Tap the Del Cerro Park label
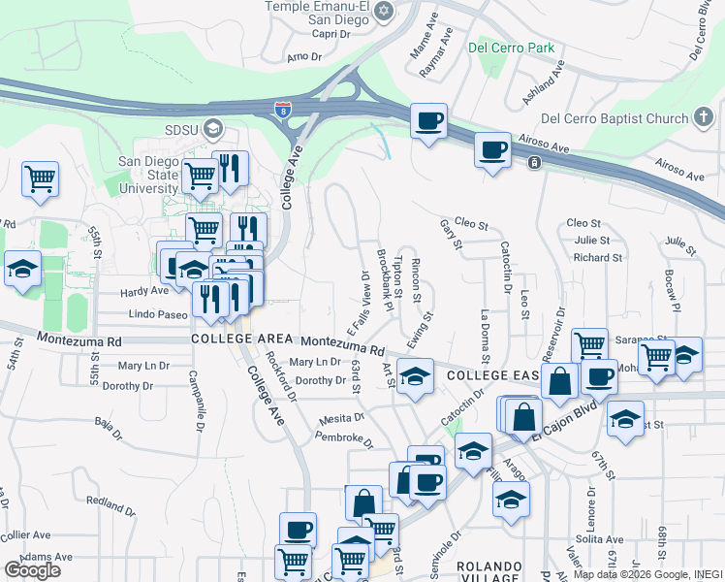pos(511,47)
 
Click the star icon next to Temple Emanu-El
pos(384,11)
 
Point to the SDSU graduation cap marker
pos(212,129)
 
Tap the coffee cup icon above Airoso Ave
pos(493,151)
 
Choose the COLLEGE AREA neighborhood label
pos(242,339)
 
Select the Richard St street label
pos(596,258)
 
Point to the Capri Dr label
pos(330,33)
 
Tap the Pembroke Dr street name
pos(344,439)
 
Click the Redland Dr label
pos(111,504)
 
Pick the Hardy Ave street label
pos(144,291)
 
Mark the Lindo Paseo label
pos(157,315)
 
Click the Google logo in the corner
pos(33,570)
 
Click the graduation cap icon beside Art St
pos(416,377)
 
